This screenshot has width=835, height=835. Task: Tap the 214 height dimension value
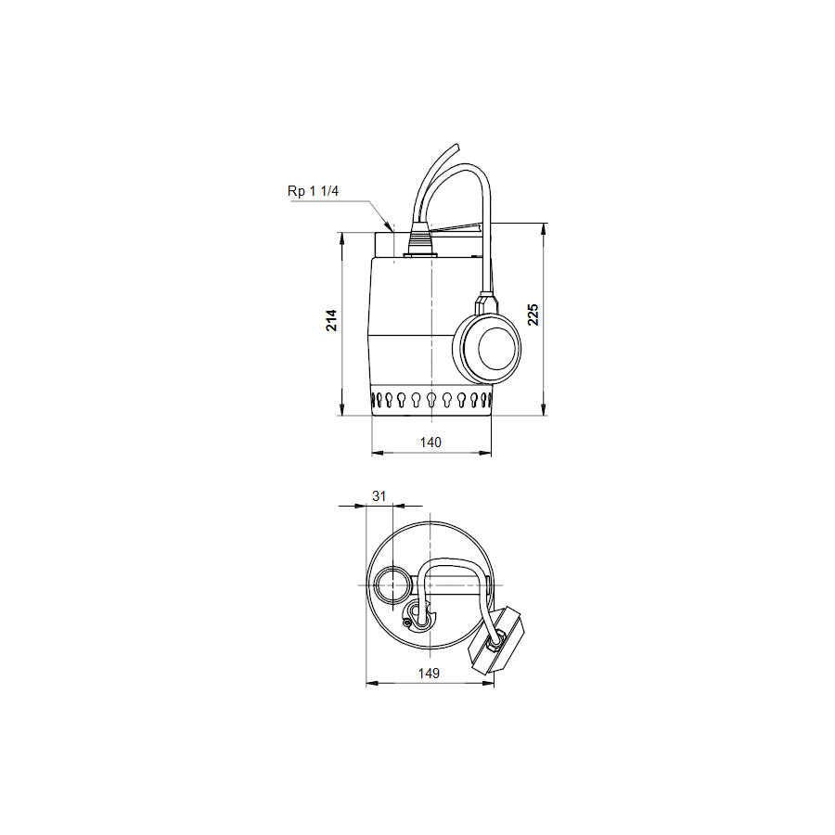(331, 321)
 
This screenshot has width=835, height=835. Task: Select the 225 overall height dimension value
(532, 315)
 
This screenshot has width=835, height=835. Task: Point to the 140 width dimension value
(430, 443)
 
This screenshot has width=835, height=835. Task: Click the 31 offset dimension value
(379, 495)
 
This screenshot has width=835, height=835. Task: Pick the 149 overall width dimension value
(429, 673)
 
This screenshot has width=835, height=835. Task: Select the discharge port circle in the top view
(392, 586)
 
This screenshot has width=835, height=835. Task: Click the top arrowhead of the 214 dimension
(344, 237)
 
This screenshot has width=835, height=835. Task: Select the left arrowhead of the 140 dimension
(377, 454)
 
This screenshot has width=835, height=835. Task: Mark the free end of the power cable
(456, 146)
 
